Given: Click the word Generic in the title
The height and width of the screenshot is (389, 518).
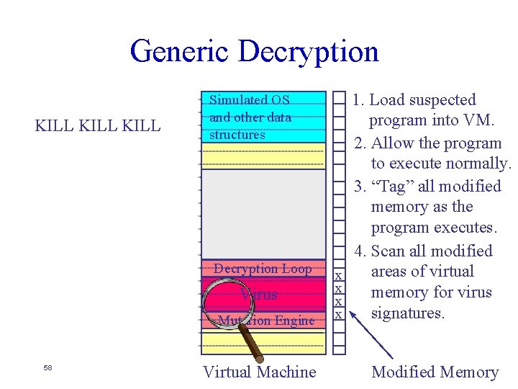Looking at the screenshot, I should pos(180,52).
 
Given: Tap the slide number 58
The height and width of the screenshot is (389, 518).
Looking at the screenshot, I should pos(47,367).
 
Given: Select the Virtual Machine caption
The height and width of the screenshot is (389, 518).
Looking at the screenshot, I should pos(259,372).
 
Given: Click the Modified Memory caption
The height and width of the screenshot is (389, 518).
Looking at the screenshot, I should pos(435,372).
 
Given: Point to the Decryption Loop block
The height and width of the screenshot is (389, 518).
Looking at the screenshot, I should pos(263,269).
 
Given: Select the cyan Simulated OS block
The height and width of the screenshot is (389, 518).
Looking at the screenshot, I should pos(263,117).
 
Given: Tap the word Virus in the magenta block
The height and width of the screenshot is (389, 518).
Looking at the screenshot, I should pos(260,295).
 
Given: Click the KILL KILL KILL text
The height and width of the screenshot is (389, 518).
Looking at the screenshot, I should pos(98,126).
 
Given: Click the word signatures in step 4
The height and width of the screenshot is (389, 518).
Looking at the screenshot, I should pos(408,313).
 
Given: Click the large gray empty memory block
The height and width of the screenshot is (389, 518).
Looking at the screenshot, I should pos(263,213).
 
